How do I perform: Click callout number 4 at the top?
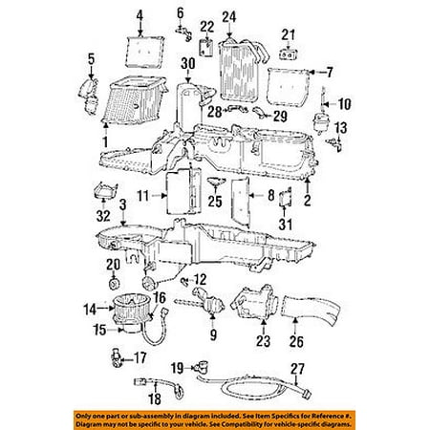(140, 14)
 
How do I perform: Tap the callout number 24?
(228, 15)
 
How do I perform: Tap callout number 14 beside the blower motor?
(90, 308)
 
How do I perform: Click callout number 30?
(187, 64)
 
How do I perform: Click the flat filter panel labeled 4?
(145, 44)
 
